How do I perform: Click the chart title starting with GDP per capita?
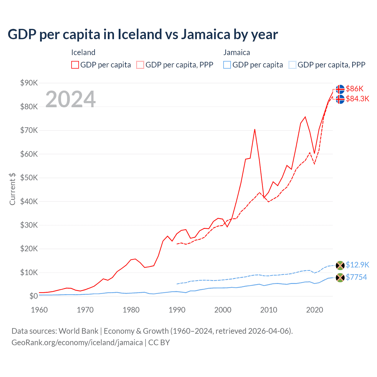coord(143,34)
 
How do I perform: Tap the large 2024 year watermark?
coord(70,99)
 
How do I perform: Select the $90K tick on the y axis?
coord(29,83)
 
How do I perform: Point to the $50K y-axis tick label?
coord(29,178)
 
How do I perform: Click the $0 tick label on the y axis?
coord(33,296)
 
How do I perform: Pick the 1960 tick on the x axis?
coord(39,310)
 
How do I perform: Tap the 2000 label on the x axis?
coord(223,310)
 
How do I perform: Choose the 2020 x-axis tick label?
coord(315,310)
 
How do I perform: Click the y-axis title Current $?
coord(12,189)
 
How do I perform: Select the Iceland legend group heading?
coord(83,52)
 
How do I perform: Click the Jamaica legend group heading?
coord(237,52)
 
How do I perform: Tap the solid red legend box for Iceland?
coord(75,65)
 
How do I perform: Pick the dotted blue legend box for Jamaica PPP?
coord(292,65)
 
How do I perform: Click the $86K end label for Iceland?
coord(355,89)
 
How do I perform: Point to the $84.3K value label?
coord(357,99)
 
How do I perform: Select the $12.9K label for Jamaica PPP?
coord(357,265)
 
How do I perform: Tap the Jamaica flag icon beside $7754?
coord(340,277)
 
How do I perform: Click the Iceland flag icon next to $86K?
coord(340,89)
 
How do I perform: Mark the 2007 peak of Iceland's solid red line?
coord(255,129)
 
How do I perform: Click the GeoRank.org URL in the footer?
coord(77,343)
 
